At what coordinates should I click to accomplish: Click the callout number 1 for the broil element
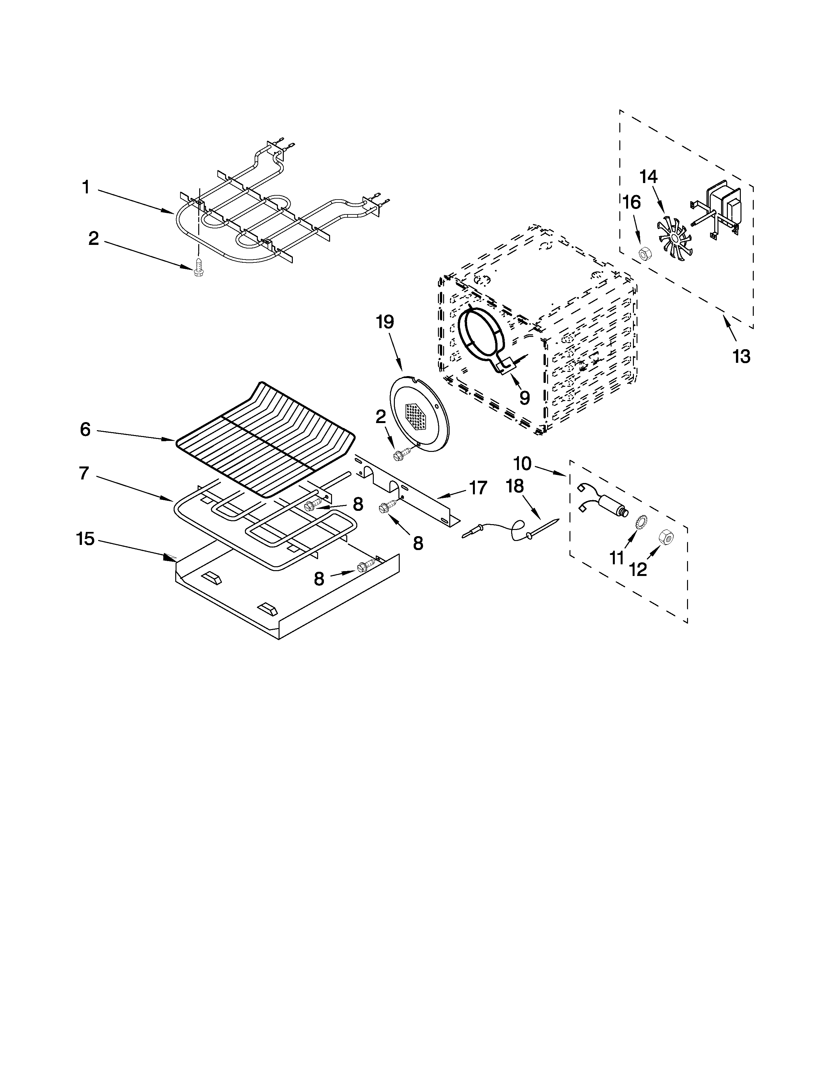pos(86,188)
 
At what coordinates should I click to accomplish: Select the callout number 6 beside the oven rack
pos(85,430)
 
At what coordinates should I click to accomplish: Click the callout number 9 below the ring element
pos(524,397)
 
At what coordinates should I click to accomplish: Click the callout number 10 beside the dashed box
pos(522,464)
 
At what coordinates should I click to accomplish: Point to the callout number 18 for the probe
pos(515,486)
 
